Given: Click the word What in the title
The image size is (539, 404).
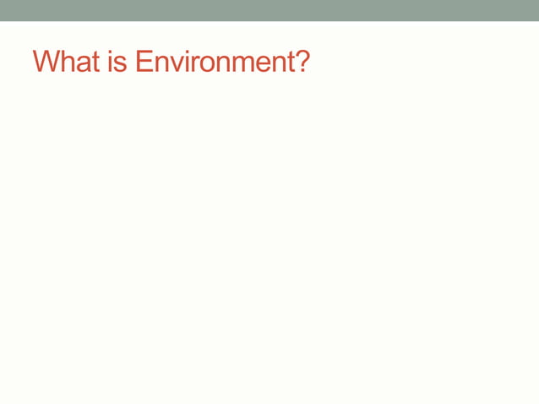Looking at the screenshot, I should click(x=67, y=62).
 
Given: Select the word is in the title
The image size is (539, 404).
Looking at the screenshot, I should click(x=120, y=62).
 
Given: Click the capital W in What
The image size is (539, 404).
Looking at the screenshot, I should click(x=46, y=62).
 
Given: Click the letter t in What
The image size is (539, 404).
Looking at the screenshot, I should click(x=96, y=62).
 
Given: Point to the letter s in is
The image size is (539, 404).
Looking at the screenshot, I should click(x=124, y=63).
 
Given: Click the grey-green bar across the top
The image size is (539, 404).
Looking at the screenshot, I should click(x=269, y=10).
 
